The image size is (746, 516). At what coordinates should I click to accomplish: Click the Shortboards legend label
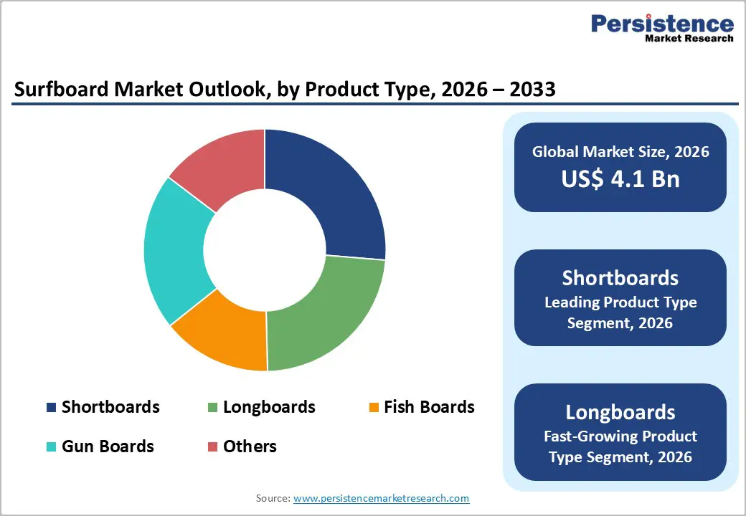pyautogui.click(x=110, y=407)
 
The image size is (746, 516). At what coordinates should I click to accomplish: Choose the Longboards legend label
pyautogui.click(x=269, y=407)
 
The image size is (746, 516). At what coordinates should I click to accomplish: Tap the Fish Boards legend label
pyautogui.click(x=429, y=407)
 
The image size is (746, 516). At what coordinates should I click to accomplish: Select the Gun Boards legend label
pyautogui.click(x=108, y=446)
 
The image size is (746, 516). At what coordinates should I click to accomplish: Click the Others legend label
pyautogui.click(x=250, y=446)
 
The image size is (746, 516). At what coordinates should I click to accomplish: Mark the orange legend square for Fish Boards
pyautogui.click(x=373, y=408)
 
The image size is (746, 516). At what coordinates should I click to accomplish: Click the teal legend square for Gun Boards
pyautogui.click(x=51, y=447)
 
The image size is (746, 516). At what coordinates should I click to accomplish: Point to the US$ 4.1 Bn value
pyautogui.click(x=620, y=178)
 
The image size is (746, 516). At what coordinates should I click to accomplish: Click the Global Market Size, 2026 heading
pyautogui.click(x=620, y=151)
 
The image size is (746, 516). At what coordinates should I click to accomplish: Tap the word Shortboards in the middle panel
pyautogui.click(x=620, y=278)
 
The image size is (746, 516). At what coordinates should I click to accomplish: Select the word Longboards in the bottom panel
pyautogui.click(x=620, y=412)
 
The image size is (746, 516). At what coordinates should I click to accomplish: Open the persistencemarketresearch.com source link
pyautogui.click(x=381, y=498)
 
